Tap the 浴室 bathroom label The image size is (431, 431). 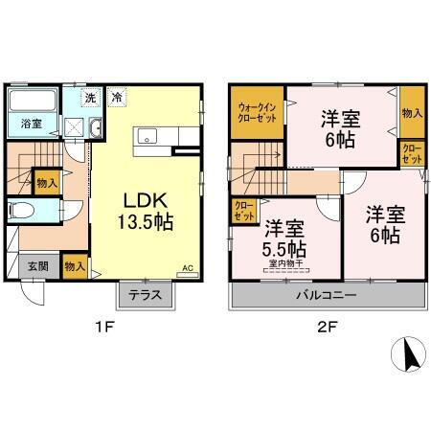tap(31, 123)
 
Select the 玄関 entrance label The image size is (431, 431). tap(36, 266)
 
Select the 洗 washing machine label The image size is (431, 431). tap(89, 97)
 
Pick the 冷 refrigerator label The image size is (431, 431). tap(116, 97)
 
